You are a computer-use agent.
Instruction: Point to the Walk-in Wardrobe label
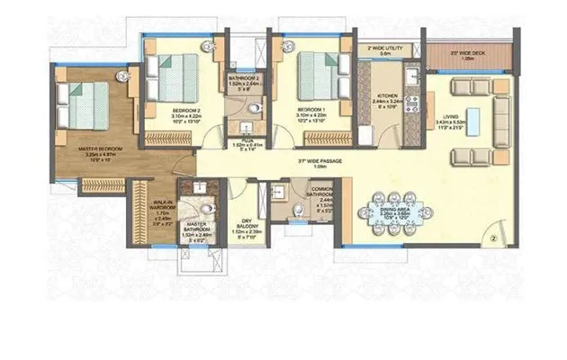pos(162,206)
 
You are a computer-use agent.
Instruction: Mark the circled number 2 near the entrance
pos(494,239)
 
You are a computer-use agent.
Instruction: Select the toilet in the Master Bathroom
pos(207,206)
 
